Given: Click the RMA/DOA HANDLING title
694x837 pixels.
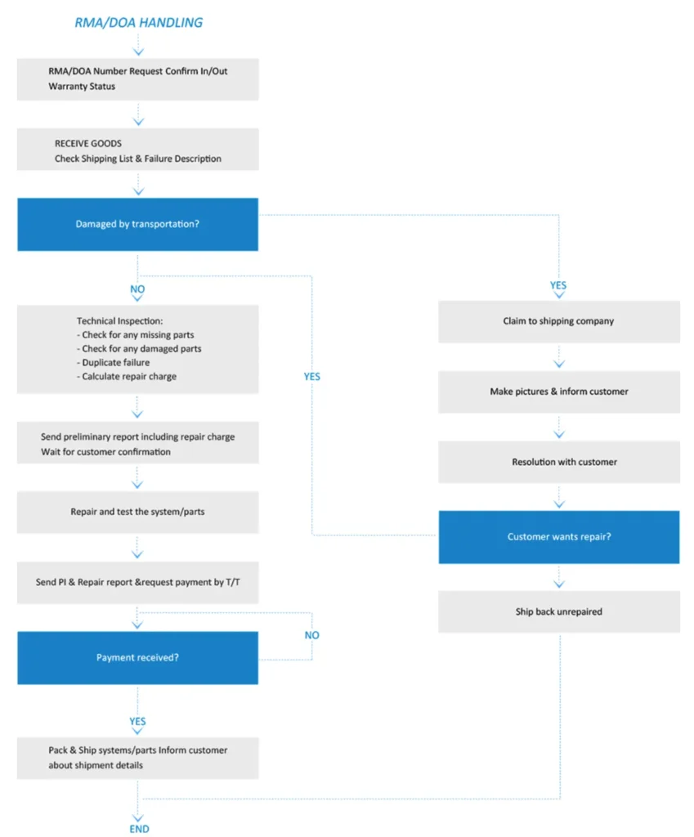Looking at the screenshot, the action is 138,22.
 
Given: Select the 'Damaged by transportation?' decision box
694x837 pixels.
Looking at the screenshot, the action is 137,224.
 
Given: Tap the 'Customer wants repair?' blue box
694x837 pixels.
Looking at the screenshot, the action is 559,537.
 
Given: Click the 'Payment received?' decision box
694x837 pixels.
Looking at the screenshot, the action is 137,658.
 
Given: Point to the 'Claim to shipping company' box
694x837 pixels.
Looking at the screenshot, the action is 559,321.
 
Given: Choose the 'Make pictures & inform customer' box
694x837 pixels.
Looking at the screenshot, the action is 559,392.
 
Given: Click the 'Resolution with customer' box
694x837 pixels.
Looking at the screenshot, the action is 559,463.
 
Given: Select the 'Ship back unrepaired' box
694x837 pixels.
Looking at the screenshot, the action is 559,611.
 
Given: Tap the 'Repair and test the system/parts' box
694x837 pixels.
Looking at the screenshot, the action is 137,512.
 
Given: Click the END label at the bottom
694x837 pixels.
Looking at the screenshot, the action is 139,829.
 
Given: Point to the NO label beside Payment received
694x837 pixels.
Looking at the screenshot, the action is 311,635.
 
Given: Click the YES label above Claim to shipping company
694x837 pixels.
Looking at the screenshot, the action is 558,285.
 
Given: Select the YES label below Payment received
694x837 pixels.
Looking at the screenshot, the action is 137,721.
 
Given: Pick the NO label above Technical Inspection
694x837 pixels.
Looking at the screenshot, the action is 137,289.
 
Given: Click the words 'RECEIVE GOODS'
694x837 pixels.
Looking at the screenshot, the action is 88,144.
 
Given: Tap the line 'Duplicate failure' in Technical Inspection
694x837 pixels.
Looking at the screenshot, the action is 113,362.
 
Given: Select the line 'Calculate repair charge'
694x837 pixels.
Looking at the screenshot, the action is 127,376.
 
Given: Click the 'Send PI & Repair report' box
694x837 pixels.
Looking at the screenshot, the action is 137,582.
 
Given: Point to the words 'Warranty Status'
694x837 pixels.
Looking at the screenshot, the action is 82,87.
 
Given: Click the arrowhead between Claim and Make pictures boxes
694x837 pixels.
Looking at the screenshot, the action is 559,364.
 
